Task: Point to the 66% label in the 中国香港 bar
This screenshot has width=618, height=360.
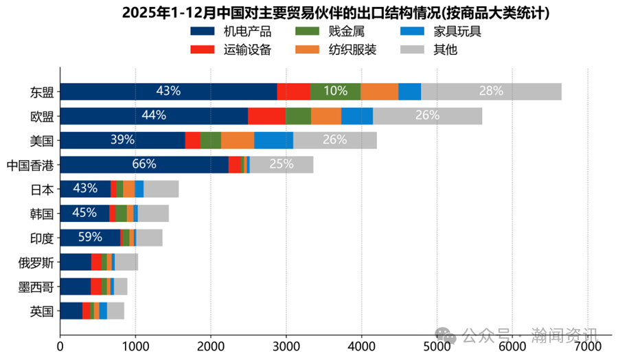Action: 144,165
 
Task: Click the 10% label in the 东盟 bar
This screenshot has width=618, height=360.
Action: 335,91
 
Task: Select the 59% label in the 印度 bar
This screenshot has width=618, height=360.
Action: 90,238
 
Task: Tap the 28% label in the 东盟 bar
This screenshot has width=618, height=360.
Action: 491,91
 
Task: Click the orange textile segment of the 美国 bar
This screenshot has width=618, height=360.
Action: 238,140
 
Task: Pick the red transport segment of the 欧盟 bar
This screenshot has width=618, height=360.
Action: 266,115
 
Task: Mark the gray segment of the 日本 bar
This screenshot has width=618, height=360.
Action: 161,189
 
